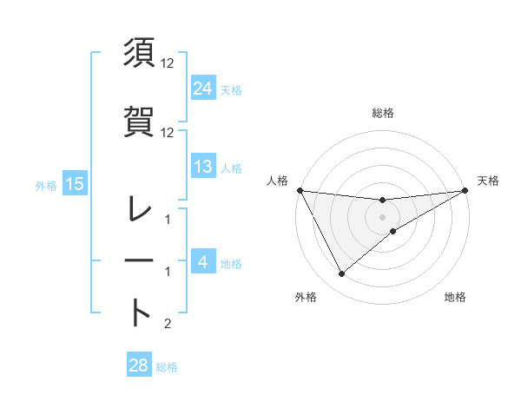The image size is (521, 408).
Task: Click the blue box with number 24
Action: [x=203, y=88]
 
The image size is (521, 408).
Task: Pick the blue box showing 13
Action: [x=203, y=167]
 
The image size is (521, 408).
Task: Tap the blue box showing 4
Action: [x=203, y=262]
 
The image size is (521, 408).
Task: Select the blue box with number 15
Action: [x=74, y=183]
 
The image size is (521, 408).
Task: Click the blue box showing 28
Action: [x=138, y=365]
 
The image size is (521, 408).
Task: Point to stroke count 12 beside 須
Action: [x=168, y=63]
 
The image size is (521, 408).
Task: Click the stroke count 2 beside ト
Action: [x=168, y=324]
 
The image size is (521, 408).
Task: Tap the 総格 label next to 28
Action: [x=167, y=367]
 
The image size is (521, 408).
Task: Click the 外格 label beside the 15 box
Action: [x=46, y=185]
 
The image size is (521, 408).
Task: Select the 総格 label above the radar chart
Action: [x=382, y=113]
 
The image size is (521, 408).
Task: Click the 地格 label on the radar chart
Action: [x=455, y=297]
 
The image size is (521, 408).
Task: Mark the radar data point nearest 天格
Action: [x=465, y=190]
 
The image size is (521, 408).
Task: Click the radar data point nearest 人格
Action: [x=300, y=190]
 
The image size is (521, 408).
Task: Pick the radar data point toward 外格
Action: [x=341, y=274]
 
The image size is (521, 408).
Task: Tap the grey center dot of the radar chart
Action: [x=382, y=217]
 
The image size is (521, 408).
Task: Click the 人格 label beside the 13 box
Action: [x=231, y=168]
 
